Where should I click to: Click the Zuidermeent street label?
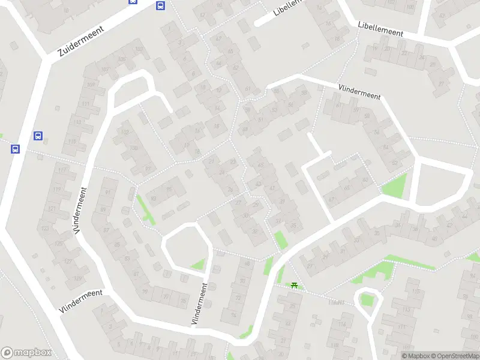click(81, 41)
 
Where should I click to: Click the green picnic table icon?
click(294, 286)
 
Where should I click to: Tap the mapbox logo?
click(26, 353)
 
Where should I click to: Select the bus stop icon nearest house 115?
click(38, 136)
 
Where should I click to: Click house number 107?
click(105, 70)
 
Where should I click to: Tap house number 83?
click(127, 259)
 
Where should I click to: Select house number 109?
click(91, 85)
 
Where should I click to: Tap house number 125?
click(59, 244)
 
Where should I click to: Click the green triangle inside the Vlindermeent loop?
click(198, 264)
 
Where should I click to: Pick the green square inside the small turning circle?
click(367, 300)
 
